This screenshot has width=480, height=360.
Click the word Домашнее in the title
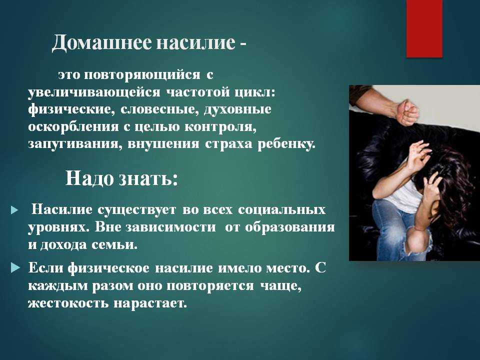point(101,42)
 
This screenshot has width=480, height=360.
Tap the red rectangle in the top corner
point(424,28)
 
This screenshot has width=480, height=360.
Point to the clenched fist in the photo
point(407,112)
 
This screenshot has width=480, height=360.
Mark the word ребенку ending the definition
point(286,144)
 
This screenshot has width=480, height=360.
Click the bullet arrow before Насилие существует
point(14,210)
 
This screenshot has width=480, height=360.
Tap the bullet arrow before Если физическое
point(15,268)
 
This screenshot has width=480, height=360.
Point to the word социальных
point(281,209)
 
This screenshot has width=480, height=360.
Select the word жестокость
point(68,303)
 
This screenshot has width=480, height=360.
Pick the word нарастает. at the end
point(150,303)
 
